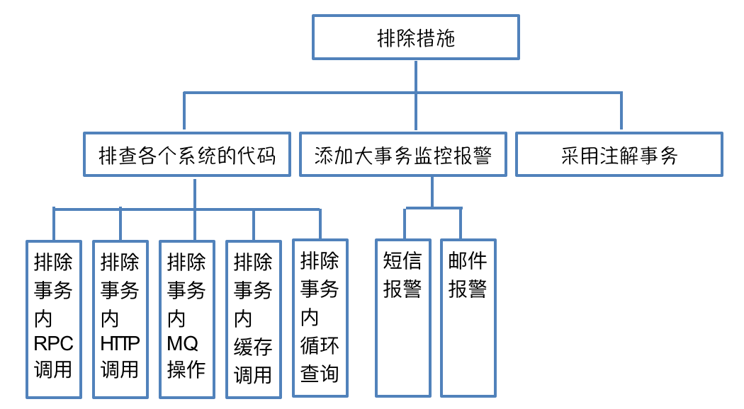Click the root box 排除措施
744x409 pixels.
pos(416,38)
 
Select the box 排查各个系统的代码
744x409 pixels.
pos(186,154)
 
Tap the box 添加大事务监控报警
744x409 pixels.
pos(402,154)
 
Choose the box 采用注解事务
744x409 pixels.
pos(619,154)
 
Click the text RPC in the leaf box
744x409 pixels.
pos(54,345)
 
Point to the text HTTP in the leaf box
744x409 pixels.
pos(120,345)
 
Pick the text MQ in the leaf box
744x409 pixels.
pos(183,345)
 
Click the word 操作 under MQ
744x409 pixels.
pos(186,370)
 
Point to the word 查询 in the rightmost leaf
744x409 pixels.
pos(320,373)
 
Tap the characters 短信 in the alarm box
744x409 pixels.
pos(402,262)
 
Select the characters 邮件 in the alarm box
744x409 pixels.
pos(468,262)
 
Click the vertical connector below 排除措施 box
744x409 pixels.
pos(416,76)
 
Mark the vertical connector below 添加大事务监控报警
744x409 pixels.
pos(432,191)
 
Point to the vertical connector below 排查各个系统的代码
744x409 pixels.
pos(194,192)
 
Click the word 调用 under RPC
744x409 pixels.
pos(54,370)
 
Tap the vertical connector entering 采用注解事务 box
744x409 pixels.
pos(621,112)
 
